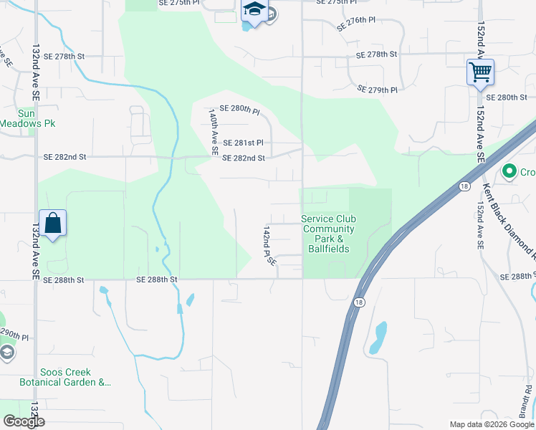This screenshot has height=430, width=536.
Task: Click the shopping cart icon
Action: tap(479, 72)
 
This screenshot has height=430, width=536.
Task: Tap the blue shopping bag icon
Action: tap(53, 223)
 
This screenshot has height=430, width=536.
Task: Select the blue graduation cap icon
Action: tap(254, 11)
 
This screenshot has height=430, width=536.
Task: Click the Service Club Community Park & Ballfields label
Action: tap(328, 234)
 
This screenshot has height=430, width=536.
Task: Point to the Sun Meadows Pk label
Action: tap(27, 118)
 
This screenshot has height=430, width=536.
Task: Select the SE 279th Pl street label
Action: tap(377, 90)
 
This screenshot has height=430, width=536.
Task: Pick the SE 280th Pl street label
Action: tap(239, 109)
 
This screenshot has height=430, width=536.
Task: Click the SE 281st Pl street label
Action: tap(243, 143)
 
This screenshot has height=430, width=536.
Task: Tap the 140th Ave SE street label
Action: tap(213, 132)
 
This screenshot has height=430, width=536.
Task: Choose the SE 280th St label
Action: tap(506, 97)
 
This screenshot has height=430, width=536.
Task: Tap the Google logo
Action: tap(24, 421)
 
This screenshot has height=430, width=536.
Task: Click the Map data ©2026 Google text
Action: tap(492, 424)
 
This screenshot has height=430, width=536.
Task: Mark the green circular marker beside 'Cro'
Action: tap(509, 171)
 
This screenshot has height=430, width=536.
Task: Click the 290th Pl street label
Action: tap(13, 335)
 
